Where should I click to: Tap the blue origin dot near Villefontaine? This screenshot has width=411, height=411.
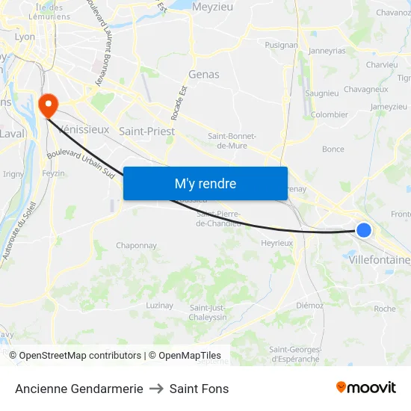[x=364, y=229]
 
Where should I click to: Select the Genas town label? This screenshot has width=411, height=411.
[x=203, y=74]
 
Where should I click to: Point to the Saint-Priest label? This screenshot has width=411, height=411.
[x=147, y=131]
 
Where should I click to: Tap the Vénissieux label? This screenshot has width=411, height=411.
[x=84, y=129]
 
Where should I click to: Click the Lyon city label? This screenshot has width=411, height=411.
[x=25, y=36]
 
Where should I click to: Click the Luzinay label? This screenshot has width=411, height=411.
[x=159, y=305]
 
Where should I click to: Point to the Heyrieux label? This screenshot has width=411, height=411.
[x=276, y=243]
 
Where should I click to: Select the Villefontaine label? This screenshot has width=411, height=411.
[x=379, y=260]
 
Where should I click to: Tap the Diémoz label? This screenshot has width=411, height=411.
[x=309, y=305]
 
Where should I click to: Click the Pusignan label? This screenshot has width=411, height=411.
[x=281, y=45]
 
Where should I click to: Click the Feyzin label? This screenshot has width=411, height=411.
[x=54, y=173]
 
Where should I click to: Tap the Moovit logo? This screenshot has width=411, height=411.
[x=366, y=388]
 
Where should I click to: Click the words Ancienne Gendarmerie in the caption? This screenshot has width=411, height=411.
[x=78, y=389]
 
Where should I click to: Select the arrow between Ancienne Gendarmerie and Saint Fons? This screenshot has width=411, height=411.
[x=156, y=389]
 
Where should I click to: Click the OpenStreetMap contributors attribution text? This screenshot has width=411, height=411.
[x=80, y=356]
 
